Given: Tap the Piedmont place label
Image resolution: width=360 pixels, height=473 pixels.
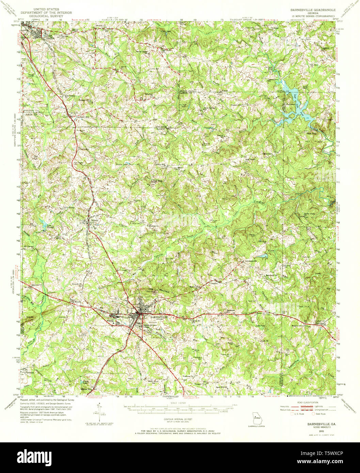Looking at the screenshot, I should click(30, 373).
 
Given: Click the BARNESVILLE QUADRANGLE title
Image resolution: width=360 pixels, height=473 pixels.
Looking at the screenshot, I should click(312, 10).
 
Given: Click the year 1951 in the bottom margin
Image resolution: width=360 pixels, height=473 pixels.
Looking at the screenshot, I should click(317, 431).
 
